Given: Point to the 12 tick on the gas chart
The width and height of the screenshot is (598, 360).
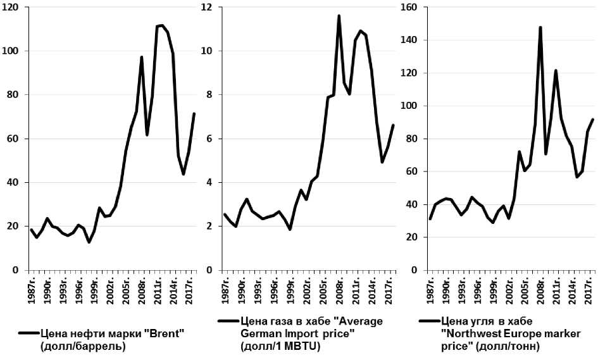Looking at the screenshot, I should point(207,8).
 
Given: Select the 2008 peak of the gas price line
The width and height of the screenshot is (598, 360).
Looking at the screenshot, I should point(339,16).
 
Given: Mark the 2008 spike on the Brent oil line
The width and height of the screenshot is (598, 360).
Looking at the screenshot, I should point(142,57).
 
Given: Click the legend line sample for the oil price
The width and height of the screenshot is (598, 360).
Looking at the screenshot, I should point(28,333).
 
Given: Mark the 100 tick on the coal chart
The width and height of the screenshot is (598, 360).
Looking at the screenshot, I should point(409,106).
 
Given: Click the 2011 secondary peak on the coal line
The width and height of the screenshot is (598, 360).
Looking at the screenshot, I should point(556,70).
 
